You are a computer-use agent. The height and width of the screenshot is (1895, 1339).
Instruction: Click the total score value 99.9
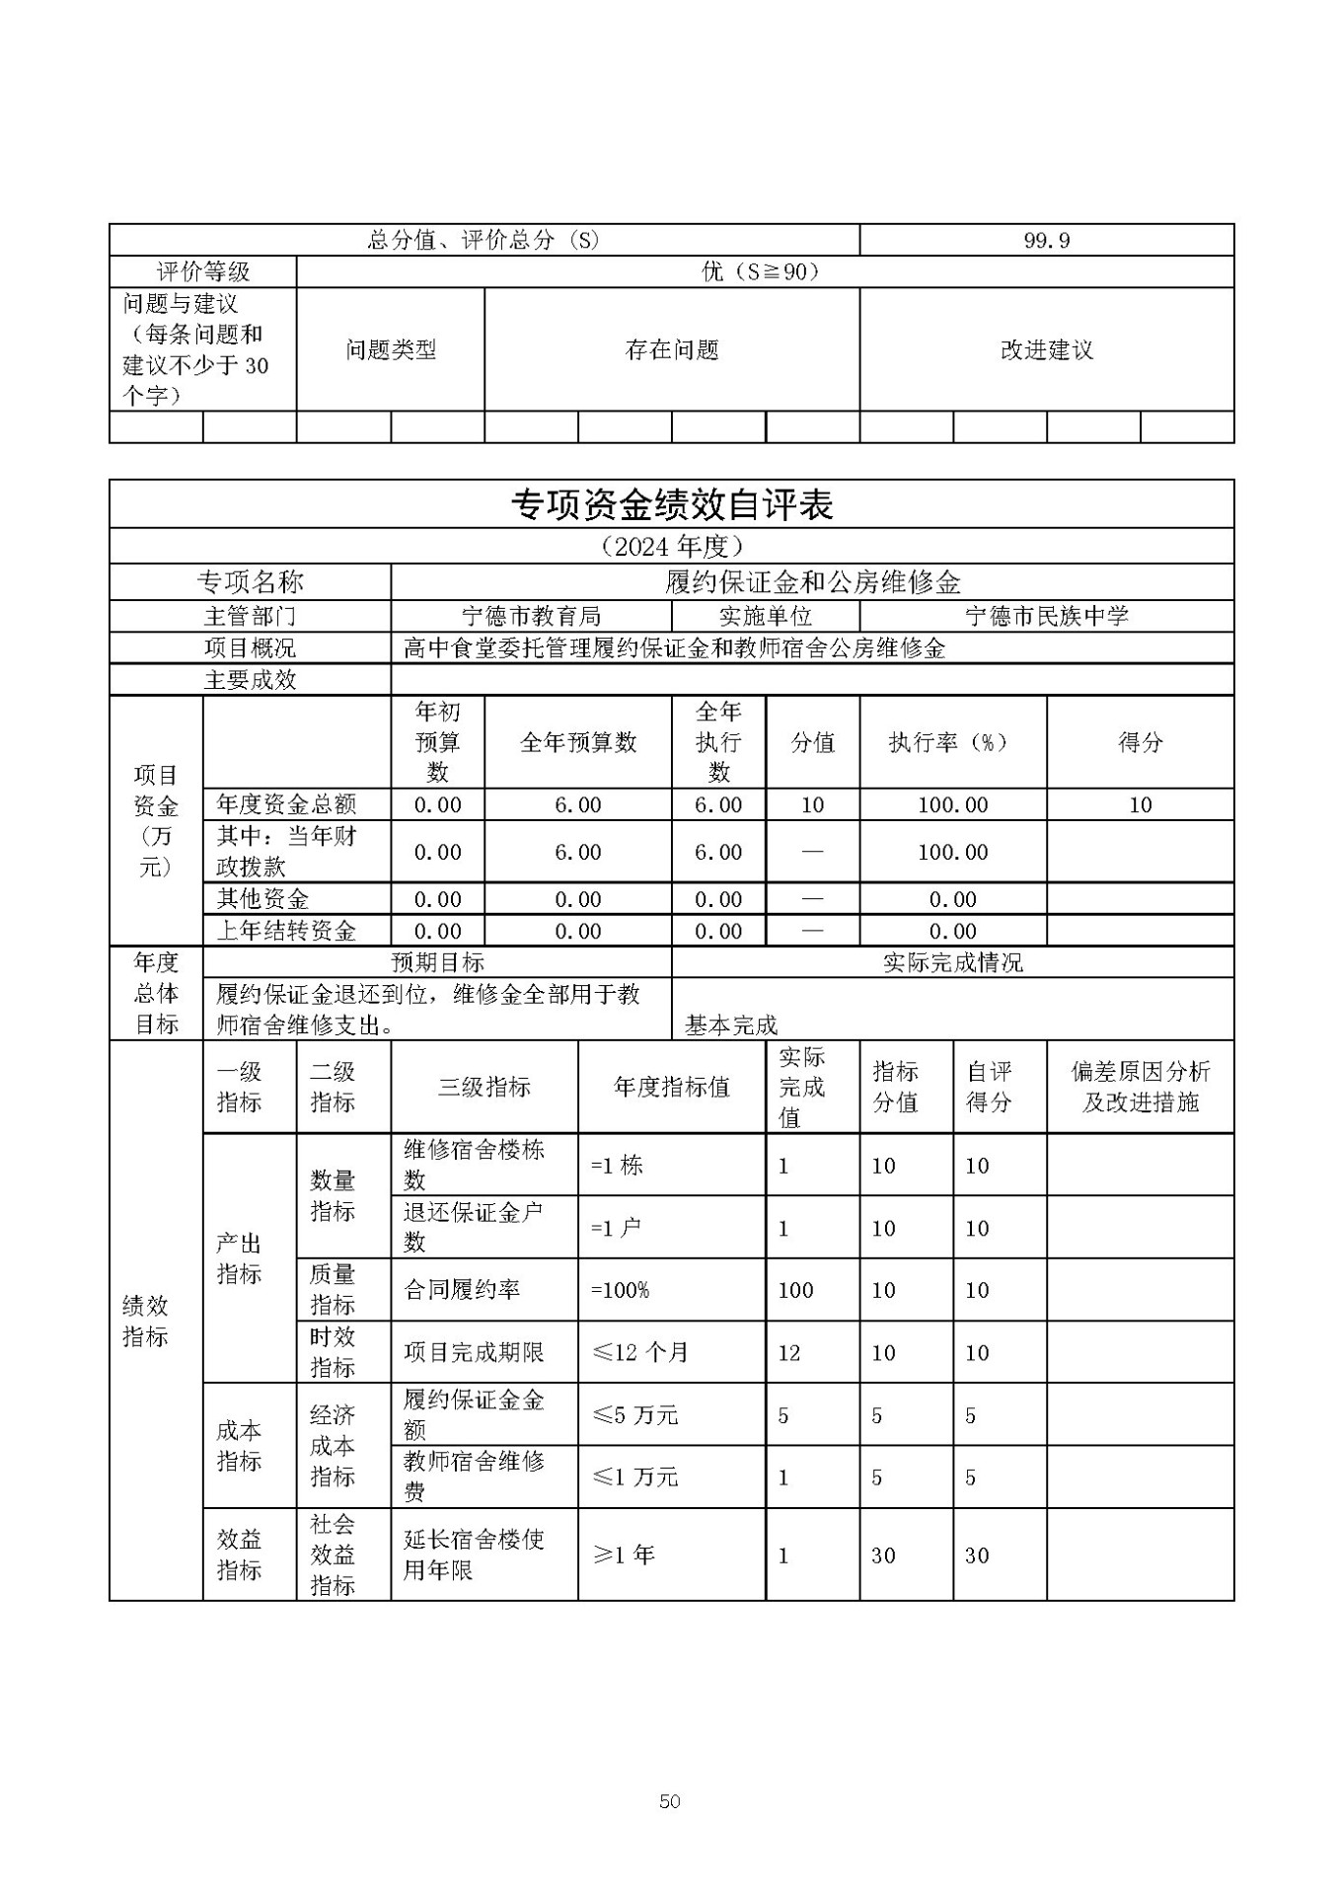(x=1046, y=240)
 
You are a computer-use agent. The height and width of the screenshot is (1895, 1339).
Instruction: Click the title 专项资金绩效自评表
(x=671, y=504)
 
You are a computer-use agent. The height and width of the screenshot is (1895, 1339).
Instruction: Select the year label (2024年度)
(x=671, y=546)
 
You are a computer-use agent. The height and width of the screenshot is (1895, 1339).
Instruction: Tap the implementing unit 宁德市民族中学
(x=1046, y=616)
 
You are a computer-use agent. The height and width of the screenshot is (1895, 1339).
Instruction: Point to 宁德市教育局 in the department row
(x=531, y=616)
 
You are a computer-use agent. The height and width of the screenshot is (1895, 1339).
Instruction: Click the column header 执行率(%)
(x=952, y=742)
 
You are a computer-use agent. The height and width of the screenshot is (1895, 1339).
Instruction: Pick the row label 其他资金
(x=262, y=898)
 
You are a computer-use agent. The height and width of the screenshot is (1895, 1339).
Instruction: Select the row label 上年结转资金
(x=286, y=930)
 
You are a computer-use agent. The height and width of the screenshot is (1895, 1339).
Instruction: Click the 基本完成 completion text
(x=731, y=1024)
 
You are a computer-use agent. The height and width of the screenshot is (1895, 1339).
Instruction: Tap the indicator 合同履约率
(x=462, y=1289)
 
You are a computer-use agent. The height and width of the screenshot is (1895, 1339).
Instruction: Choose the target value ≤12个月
(x=639, y=1352)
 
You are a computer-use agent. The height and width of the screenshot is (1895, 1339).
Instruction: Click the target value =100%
(x=620, y=1289)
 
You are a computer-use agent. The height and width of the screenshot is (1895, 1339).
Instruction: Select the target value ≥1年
(x=624, y=1554)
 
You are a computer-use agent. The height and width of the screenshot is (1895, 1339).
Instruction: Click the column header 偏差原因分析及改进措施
(x=1140, y=1087)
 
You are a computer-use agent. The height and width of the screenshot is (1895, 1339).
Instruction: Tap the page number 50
(x=669, y=1801)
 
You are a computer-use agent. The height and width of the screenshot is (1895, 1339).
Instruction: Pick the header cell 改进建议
(x=1046, y=349)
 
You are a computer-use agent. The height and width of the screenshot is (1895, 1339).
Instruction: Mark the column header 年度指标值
(x=671, y=1087)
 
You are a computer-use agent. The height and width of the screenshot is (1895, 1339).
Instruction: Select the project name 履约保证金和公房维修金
(x=812, y=581)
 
